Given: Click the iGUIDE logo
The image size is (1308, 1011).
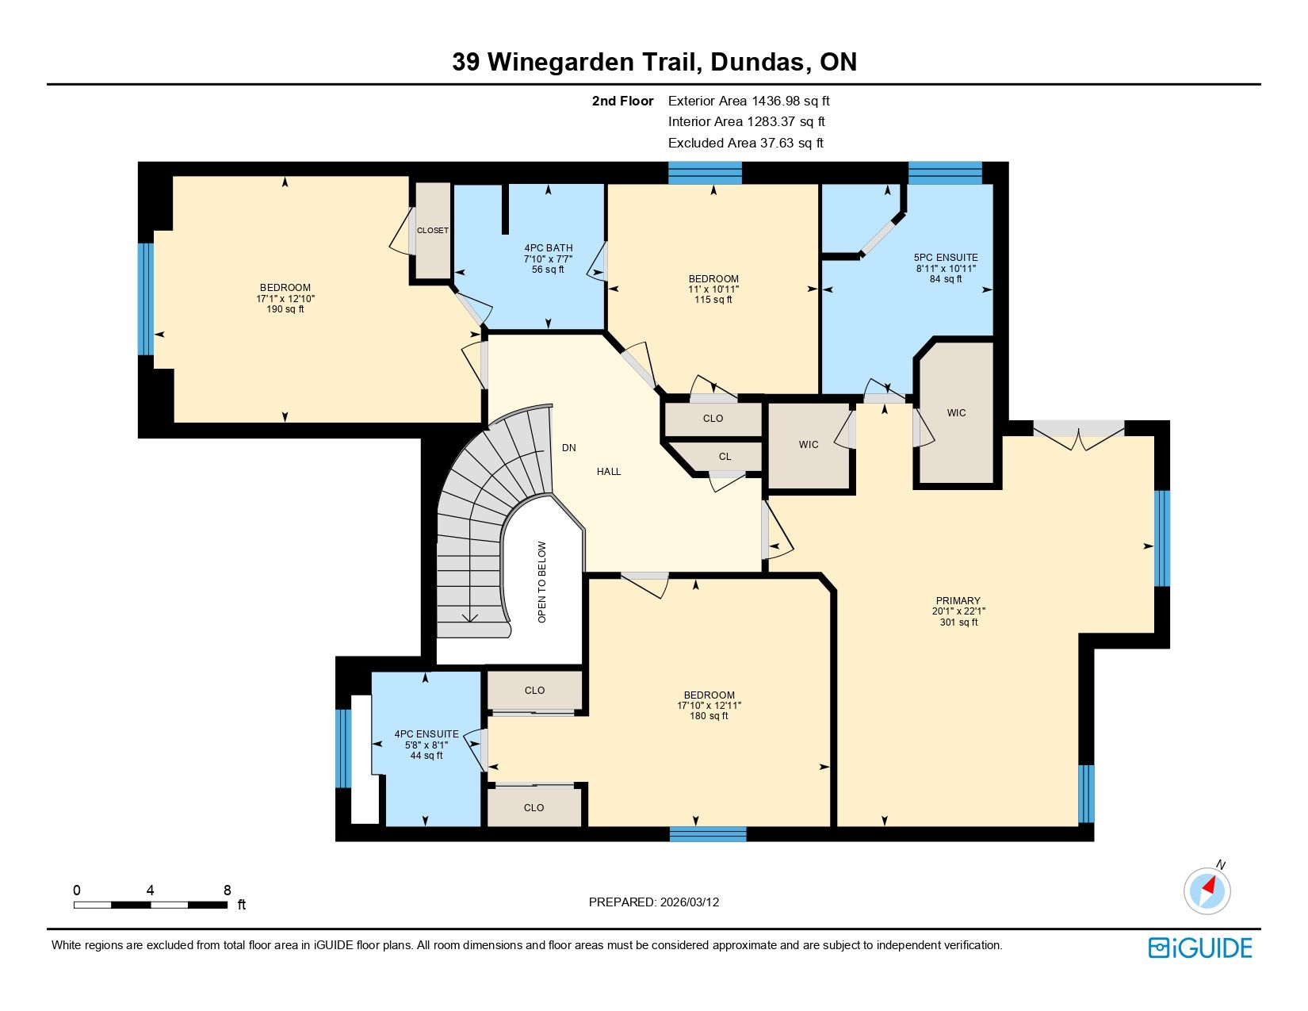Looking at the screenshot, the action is pyautogui.click(x=1199, y=948).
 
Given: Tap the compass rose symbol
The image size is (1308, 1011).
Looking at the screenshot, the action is pyautogui.click(x=1207, y=890).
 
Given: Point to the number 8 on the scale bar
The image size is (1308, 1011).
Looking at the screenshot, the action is pyautogui.click(x=227, y=890).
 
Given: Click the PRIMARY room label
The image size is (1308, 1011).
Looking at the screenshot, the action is pyautogui.click(x=958, y=600).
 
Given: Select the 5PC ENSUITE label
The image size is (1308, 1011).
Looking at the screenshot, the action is pyautogui.click(x=946, y=257).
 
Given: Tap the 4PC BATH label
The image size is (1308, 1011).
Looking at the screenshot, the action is pyautogui.click(x=549, y=247).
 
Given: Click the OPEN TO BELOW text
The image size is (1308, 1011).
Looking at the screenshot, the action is pyautogui.click(x=541, y=582).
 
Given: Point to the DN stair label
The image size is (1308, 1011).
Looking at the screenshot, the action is pyautogui.click(x=569, y=447).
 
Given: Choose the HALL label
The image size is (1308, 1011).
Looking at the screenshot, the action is pyautogui.click(x=609, y=472).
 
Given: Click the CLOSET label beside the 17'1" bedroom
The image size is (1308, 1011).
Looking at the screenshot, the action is pyautogui.click(x=433, y=231).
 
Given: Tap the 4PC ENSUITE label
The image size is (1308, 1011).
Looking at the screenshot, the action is pyautogui.click(x=426, y=734).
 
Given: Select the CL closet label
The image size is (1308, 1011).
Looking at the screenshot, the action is pyautogui.click(x=725, y=457).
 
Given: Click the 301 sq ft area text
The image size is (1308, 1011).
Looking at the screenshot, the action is pyautogui.click(x=958, y=622).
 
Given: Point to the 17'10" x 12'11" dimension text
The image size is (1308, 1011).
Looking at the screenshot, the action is pyautogui.click(x=709, y=705).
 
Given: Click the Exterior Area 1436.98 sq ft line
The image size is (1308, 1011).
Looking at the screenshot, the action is pyautogui.click(x=749, y=101).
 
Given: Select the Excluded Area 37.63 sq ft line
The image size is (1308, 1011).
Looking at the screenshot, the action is pyautogui.click(x=746, y=143).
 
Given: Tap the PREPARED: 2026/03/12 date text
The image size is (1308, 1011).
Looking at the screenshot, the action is pyautogui.click(x=654, y=902).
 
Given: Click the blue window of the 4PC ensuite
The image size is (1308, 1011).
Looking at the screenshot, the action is pyautogui.click(x=342, y=749).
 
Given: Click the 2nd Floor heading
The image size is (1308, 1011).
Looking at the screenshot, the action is pyautogui.click(x=622, y=101).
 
